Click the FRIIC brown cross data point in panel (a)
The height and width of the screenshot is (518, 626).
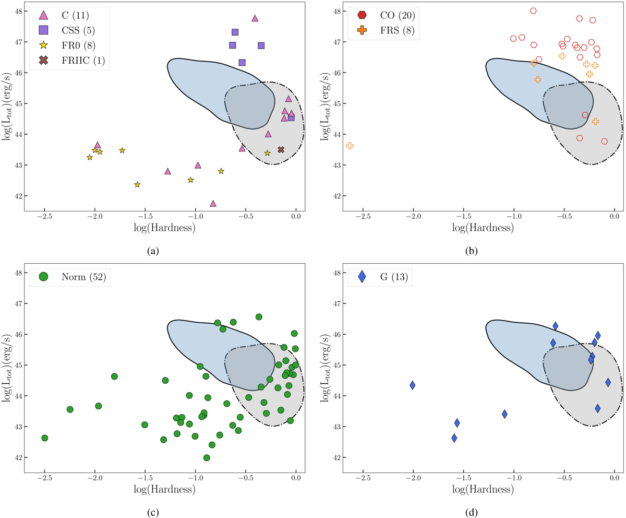[281, 150]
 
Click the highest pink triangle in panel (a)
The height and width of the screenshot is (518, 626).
[255, 18]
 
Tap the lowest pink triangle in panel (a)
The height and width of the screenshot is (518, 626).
[213, 204]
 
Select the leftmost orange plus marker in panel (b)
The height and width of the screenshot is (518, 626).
[350, 146]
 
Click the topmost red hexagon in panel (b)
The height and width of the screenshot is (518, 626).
[533, 10]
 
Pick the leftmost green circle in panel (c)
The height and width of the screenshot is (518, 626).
[45, 438]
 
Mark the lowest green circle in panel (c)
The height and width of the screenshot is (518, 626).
[207, 458]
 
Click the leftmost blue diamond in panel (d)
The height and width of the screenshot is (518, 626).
[413, 385]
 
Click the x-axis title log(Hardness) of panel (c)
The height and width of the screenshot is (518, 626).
[164, 490]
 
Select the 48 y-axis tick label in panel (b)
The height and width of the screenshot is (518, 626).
[336, 11]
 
